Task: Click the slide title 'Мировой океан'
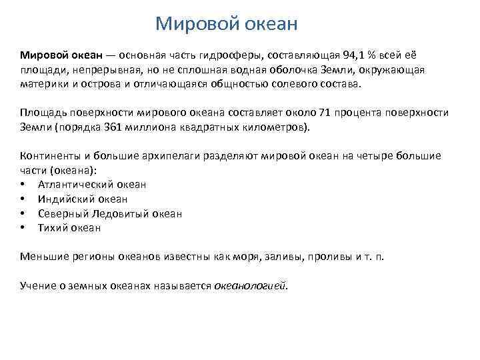226,25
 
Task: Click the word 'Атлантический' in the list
75,185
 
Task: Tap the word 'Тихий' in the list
53,227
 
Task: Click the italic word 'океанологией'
249,285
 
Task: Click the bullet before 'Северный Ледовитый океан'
23,213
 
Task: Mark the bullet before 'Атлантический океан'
23,185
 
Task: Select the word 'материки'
42,85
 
